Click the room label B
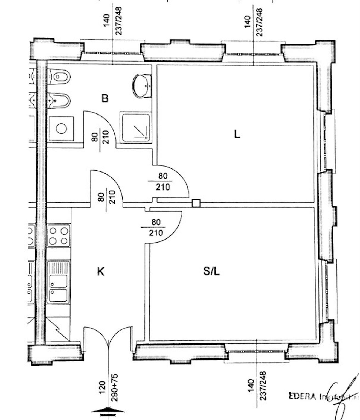tap(105, 98)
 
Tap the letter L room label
tap(237, 134)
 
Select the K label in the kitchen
tap(101, 272)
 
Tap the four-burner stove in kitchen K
tap(59, 235)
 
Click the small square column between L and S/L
tap(196, 203)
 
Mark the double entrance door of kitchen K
tap(109, 338)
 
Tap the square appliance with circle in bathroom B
tap(61, 129)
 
